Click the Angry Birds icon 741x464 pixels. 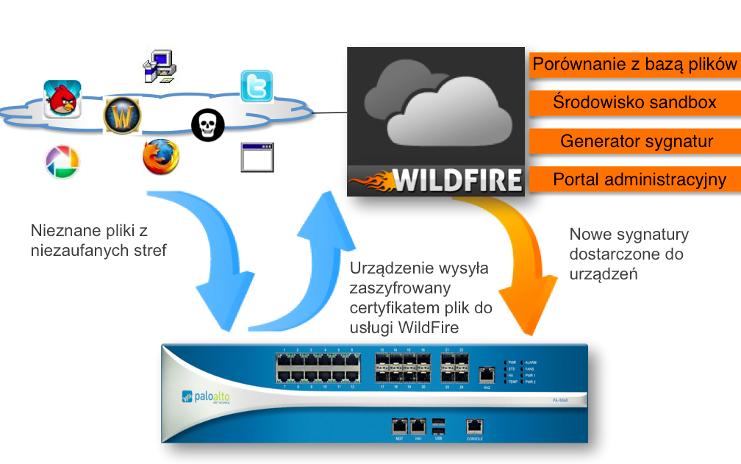(x=62, y=99)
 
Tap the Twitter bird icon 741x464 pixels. (x=257, y=86)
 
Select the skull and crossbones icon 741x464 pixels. (x=207, y=125)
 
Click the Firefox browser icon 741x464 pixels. (x=160, y=157)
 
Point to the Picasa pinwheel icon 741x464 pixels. (x=62, y=162)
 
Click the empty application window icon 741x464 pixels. (x=257, y=157)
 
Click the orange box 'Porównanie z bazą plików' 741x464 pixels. (x=634, y=64)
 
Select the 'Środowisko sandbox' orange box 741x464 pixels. (x=634, y=102)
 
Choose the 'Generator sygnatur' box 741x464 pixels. (x=634, y=140)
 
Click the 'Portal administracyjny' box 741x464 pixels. (x=634, y=179)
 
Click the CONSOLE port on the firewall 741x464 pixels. (x=475, y=426)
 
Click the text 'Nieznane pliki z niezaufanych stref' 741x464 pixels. (x=99, y=240)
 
